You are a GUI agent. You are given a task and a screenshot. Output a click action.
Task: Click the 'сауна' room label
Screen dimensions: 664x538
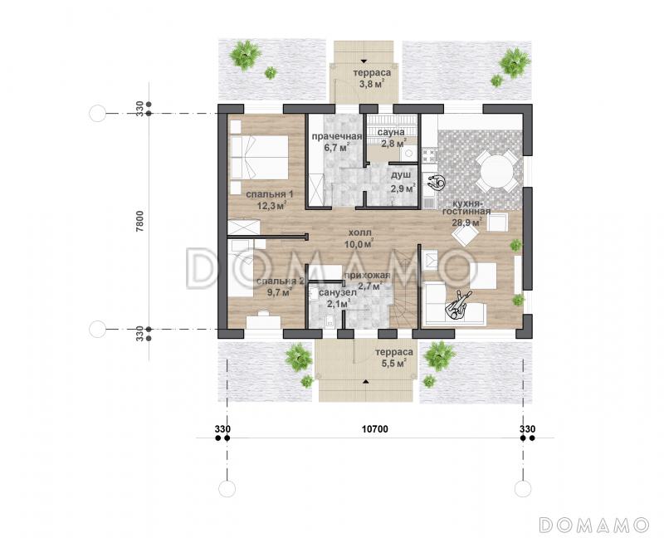pos(391,133)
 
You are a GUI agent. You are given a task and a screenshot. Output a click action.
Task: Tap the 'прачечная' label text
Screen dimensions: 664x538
pos(337,136)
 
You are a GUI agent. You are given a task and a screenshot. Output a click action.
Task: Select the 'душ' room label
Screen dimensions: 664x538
pos(400,175)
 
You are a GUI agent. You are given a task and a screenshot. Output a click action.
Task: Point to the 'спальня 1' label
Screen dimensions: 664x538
pos(270,194)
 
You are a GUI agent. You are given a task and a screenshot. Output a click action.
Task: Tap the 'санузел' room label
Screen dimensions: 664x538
pos(338,293)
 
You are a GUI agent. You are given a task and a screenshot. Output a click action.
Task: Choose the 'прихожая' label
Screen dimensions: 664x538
pos(367,276)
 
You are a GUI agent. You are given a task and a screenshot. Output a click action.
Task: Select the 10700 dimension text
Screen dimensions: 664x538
pos(375,429)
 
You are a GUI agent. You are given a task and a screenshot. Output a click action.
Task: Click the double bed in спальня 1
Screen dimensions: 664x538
pos(259,157)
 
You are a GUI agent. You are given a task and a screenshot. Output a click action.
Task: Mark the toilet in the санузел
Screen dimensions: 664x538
pos(329,321)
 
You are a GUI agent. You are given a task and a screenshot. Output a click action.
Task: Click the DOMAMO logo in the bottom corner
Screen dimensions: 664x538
pos(594,525)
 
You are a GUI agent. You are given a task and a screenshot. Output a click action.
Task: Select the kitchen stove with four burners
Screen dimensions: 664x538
pos(429,154)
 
